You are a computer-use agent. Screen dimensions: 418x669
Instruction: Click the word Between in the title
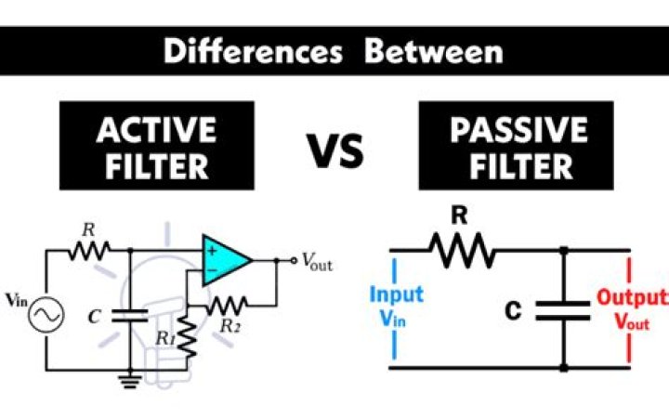click(434, 51)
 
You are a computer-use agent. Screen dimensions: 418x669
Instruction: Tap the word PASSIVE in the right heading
click(518, 130)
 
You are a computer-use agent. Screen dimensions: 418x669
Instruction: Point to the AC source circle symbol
click(44, 317)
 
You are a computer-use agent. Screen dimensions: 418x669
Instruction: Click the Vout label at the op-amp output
click(316, 263)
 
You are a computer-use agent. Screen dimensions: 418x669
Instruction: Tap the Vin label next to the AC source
click(17, 299)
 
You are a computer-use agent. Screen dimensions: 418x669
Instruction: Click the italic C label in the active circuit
click(94, 316)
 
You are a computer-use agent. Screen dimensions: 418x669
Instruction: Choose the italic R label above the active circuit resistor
click(89, 229)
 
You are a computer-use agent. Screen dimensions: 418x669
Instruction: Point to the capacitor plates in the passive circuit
click(563, 309)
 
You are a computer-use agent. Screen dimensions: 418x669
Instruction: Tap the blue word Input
click(397, 294)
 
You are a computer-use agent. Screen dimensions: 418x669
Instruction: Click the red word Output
click(631, 298)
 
